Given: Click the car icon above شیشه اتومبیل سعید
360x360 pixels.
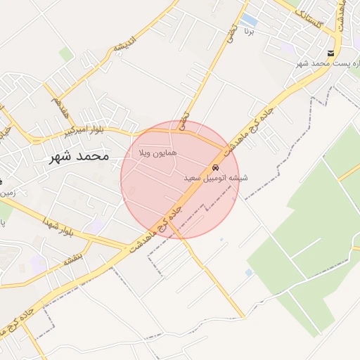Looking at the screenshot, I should coord(214,168).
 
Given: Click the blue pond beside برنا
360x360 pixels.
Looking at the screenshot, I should coord(249,18).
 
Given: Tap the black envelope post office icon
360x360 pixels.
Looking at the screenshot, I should coord(330,53).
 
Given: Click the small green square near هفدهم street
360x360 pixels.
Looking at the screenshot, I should coord(66,54).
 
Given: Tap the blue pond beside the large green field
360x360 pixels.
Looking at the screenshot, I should coord(248,272).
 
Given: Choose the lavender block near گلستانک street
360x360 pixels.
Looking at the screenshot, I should coord(287,48).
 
